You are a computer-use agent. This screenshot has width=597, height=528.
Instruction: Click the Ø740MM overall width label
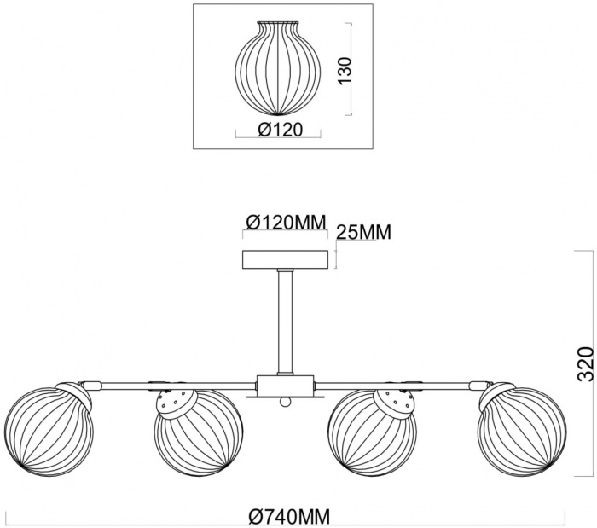pos(289,517)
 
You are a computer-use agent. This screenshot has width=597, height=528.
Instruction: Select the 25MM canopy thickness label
pos(364,232)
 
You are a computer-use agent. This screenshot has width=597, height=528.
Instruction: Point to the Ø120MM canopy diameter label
pos(287,222)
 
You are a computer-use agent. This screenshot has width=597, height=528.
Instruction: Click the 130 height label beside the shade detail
pos(345,71)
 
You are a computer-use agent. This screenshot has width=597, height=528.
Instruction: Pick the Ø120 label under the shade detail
pos(281,130)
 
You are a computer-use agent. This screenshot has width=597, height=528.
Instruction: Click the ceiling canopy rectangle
pos(286,259)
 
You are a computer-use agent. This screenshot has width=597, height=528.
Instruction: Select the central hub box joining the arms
pos(286,386)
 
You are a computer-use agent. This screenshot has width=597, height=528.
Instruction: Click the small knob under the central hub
pos(285,402)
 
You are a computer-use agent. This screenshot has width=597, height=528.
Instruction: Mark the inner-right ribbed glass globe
pos(373,432)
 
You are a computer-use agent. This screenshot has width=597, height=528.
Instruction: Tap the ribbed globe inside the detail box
pos(277,68)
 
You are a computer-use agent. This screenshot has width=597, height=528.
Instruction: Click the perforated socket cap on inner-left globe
pos(177,404)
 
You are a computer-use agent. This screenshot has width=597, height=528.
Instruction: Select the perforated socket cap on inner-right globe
pos(394,404)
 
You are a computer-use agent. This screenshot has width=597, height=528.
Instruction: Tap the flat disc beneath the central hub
pos(286,397)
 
